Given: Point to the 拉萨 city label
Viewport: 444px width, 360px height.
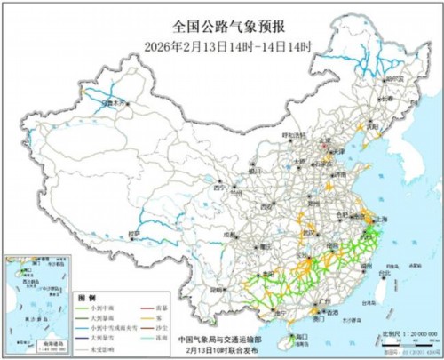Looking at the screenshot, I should click(134, 233).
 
